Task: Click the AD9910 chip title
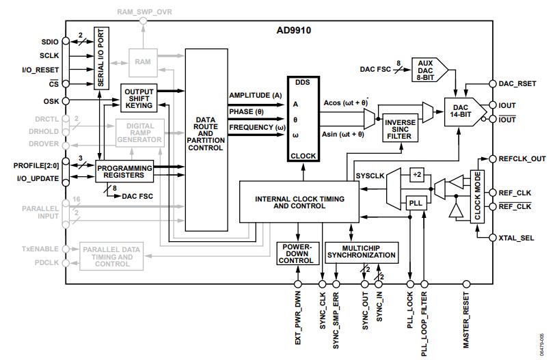pos(293,30)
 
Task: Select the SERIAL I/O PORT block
pos(101,58)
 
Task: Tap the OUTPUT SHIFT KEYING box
pos(139,98)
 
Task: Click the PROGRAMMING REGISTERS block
pos(124,171)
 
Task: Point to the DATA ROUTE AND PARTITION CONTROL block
pos(206,140)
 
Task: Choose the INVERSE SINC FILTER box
pos(400,128)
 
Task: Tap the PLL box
pos(416,203)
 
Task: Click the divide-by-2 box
pos(417,175)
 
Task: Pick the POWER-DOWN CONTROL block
pos(298,253)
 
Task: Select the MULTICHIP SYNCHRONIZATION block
pos(362,252)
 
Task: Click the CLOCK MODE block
pos(477,196)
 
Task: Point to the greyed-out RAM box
pos(143,63)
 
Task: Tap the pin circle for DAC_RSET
pos(492,84)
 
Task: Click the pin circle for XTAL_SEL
pos(492,238)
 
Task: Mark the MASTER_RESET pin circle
pos(467,284)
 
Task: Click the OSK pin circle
pos(66,101)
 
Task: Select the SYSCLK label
pos(370,176)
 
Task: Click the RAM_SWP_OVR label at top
pos(144,12)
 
